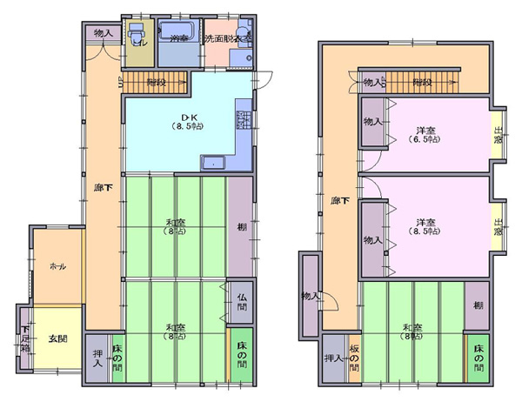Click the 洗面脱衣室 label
[227, 39]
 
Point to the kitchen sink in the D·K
[213, 163]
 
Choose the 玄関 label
[57, 338]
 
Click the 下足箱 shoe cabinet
[26, 334]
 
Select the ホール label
[58, 266]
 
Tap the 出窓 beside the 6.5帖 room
[499, 137]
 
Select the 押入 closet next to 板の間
[333, 359]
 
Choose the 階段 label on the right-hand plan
[421, 82]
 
